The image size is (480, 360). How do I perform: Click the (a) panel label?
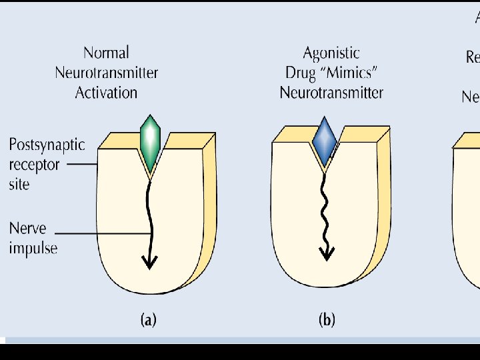(148, 320)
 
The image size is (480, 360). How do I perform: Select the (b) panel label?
(327, 320)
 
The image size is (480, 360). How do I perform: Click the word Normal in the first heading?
(107, 53)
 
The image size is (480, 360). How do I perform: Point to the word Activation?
(107, 93)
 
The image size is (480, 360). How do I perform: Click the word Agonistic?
(331, 53)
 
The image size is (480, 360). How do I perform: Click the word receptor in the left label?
(34, 164)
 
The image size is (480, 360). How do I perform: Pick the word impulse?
(33, 249)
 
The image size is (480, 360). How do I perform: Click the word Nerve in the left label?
(27, 229)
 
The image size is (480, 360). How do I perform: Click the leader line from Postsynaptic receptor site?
(82, 164)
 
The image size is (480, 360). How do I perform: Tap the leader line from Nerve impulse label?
(100, 233)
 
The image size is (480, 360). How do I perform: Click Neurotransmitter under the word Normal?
(107, 73)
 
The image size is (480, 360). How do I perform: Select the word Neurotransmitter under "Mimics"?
(331, 93)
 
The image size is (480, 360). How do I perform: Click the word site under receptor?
(19, 183)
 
